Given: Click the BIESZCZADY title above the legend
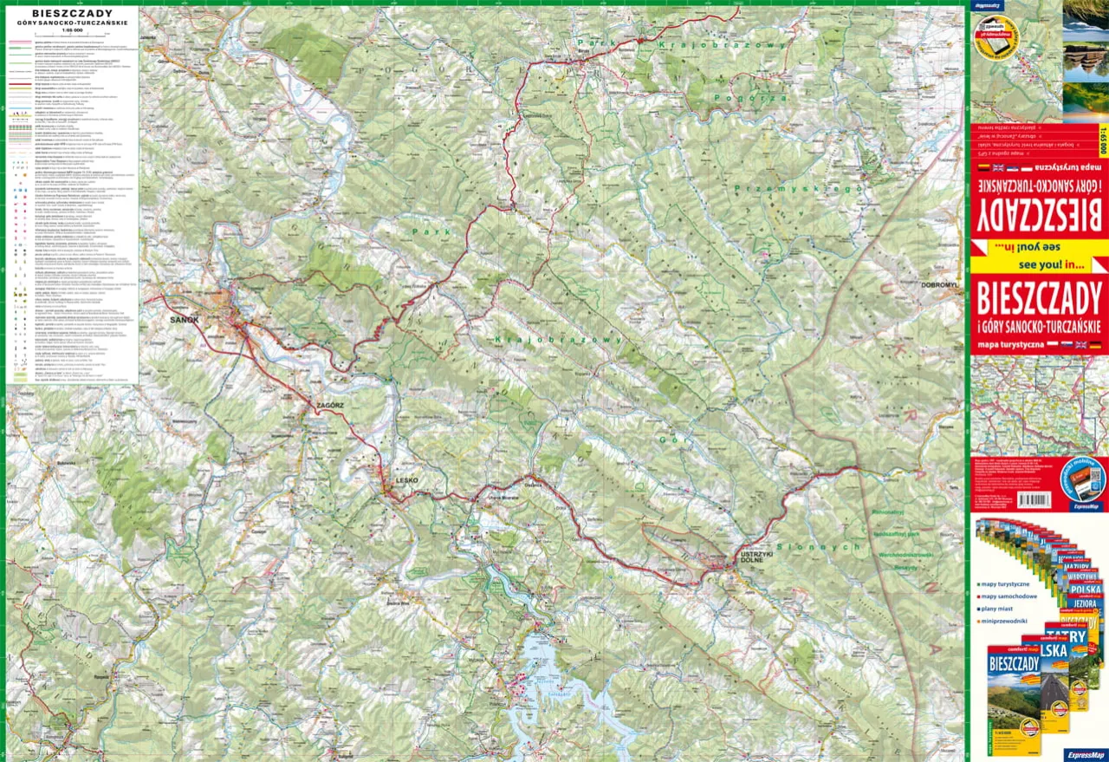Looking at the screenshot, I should coord(72,14).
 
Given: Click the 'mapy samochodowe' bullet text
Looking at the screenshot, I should coord(1011,596).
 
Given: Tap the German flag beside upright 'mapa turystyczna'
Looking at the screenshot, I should coord(1095,345).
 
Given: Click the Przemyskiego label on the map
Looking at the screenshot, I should coord(797,188).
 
